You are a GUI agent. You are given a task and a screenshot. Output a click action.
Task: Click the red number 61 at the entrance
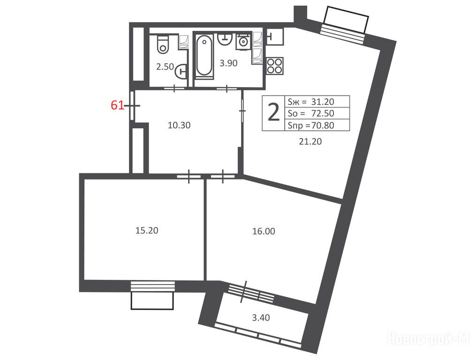[x=118, y=105]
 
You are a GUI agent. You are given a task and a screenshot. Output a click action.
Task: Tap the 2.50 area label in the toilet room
[x=165, y=67]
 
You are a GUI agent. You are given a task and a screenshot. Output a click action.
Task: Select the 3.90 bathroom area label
[x=228, y=63]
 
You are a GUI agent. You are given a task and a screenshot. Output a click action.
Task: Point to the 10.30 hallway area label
[x=179, y=125]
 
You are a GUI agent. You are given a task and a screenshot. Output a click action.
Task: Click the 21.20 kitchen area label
[x=310, y=142]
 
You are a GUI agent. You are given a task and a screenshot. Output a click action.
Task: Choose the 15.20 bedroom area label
[x=147, y=230]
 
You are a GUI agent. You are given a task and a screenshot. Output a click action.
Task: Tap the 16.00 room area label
[x=264, y=231]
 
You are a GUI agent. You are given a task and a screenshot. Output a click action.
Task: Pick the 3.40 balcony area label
[x=261, y=318]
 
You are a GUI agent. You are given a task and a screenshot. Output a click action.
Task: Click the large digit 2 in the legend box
[x=274, y=112]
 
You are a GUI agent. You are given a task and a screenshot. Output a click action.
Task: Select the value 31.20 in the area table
[x=323, y=102]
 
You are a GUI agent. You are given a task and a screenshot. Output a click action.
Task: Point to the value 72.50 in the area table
[x=323, y=113]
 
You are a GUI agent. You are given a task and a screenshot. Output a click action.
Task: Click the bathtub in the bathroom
[x=204, y=56]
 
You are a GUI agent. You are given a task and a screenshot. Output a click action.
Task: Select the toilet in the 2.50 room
[x=163, y=45]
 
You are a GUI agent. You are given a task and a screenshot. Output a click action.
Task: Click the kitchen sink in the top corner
[x=275, y=37]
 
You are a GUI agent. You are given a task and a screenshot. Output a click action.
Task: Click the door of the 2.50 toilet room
[x=174, y=88]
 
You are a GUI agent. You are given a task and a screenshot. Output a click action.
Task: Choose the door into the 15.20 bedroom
[x=189, y=176]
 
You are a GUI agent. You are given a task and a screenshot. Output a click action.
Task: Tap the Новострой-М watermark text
[x=429, y=338]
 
